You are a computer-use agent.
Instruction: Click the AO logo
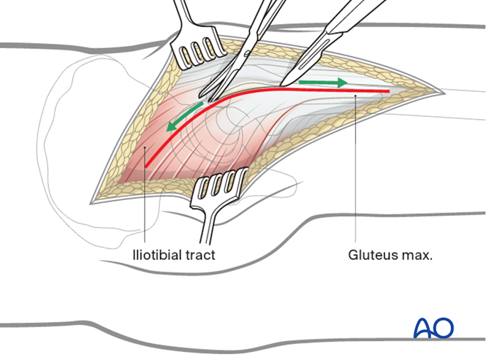tap(433, 328)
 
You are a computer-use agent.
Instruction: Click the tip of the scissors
tap(210, 97)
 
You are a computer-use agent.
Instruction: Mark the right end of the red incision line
tap(388, 92)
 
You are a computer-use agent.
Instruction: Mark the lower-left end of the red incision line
tap(146, 168)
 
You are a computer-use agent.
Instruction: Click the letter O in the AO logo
tap(444, 328)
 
